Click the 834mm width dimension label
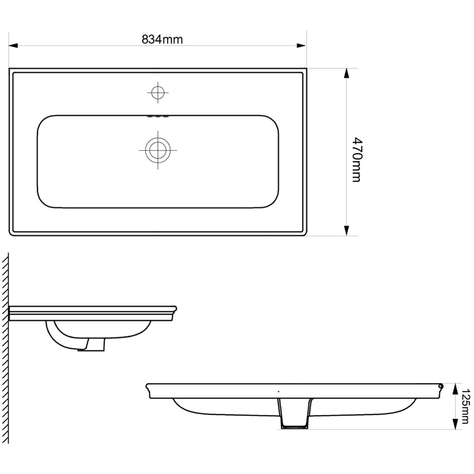[x=162, y=39]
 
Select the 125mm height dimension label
[x=466, y=406]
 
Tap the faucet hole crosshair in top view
[x=157, y=92]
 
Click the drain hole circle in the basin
[x=157, y=150]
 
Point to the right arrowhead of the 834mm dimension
[x=301, y=46]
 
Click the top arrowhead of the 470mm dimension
[x=346, y=73]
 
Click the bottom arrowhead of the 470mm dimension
[x=346, y=230]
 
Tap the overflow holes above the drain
[x=157, y=116]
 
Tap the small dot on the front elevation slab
[x=278, y=392]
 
